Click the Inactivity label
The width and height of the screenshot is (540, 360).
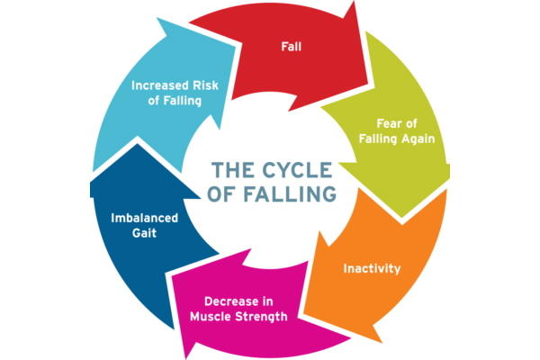tap(372, 268)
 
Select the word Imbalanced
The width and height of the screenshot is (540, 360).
tap(144, 218)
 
